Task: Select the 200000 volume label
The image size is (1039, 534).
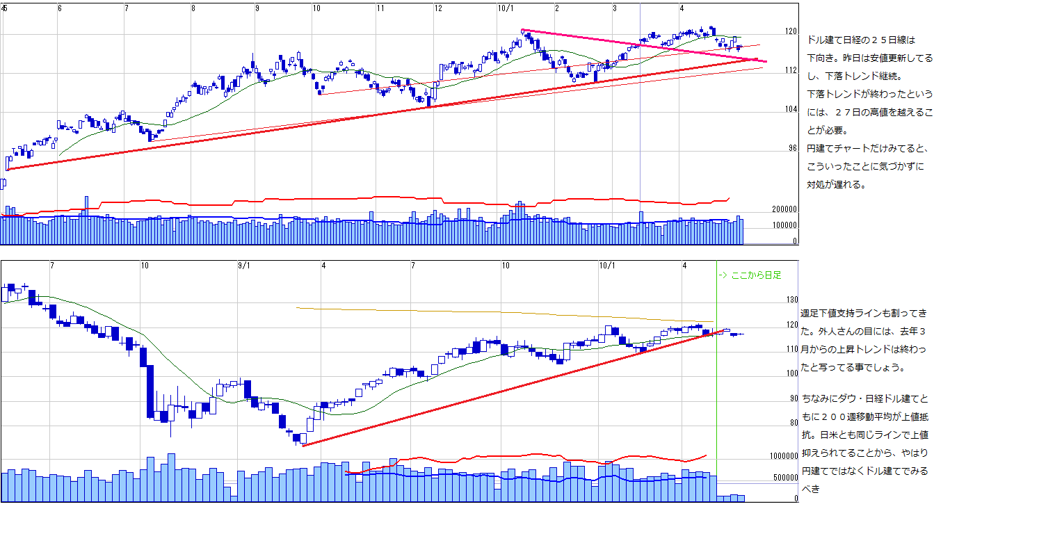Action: pyautogui.click(x=784, y=209)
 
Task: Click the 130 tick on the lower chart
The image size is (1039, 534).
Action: pyautogui.click(x=791, y=300)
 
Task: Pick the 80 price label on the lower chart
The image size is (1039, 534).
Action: pyautogui.click(x=794, y=422)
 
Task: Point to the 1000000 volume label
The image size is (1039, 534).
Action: pyautogui.click(x=782, y=456)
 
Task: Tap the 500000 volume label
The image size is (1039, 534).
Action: pyautogui.click(x=784, y=478)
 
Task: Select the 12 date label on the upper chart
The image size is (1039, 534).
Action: pyautogui.click(x=438, y=8)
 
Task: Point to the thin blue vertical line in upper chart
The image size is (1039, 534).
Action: pyautogui.click(x=640, y=139)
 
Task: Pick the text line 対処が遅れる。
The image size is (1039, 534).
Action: pyautogui.click(x=836, y=185)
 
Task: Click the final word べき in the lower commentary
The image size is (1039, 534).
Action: pyautogui.click(x=811, y=489)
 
